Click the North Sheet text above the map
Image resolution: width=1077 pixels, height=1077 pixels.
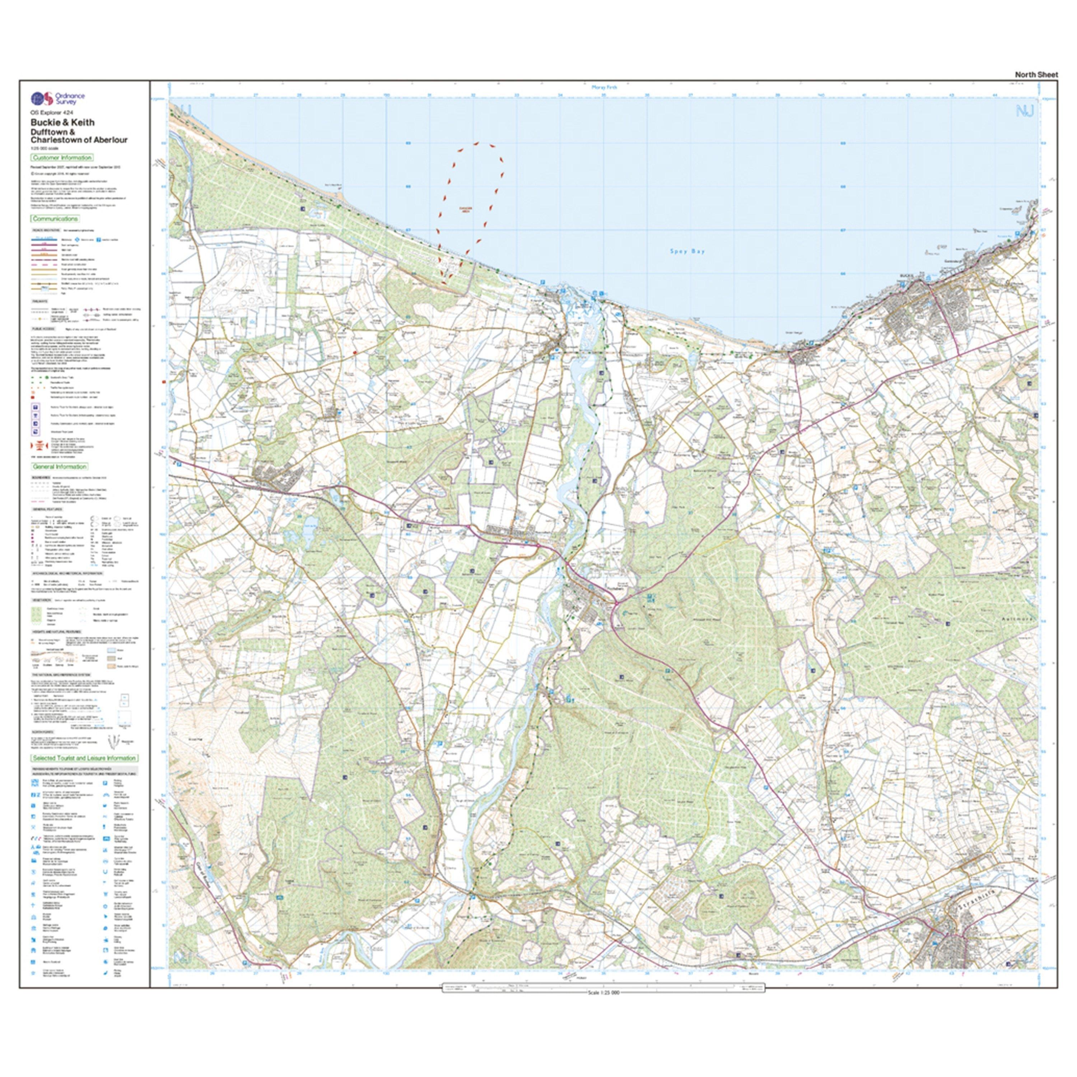point(1036,75)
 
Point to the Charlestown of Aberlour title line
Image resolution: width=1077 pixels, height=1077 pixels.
point(79,140)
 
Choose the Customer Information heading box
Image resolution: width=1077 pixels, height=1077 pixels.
point(62,158)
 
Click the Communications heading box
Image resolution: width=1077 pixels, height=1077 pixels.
point(55,219)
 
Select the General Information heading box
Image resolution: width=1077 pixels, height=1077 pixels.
point(60,467)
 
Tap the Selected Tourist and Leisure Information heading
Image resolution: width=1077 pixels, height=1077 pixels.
point(84,758)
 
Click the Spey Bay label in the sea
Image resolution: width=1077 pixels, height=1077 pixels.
point(687,251)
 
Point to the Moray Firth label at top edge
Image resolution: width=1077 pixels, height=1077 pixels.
point(604,88)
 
